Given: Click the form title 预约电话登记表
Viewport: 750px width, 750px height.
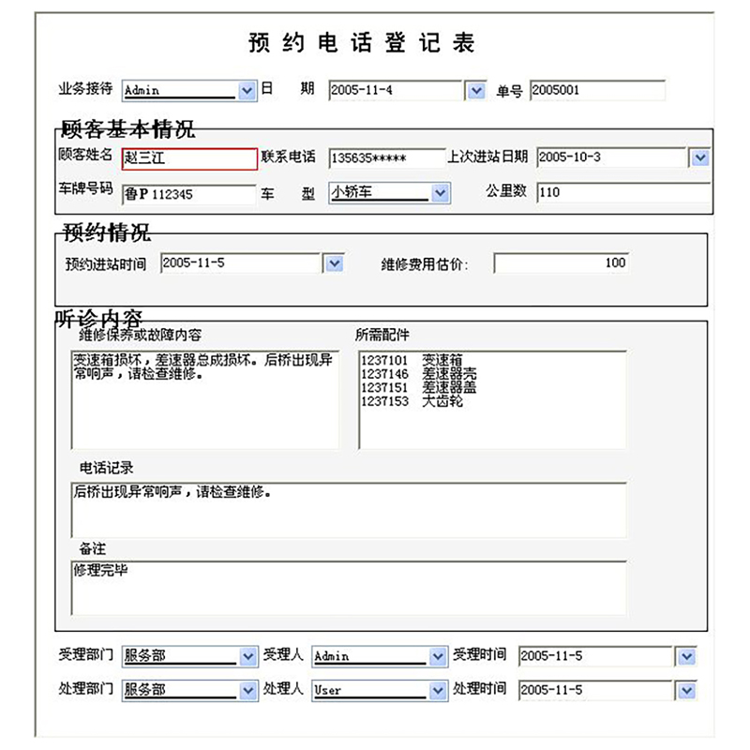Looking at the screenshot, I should click(x=362, y=42).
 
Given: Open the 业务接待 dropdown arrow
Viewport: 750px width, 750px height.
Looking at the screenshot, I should click(x=247, y=91).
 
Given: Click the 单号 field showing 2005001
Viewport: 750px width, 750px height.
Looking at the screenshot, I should click(x=597, y=91).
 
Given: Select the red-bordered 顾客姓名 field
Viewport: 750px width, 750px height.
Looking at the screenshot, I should click(x=189, y=158).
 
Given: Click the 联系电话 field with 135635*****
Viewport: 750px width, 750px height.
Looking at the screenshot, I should click(x=386, y=158).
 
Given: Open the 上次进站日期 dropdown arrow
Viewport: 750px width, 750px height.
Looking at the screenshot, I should click(x=699, y=157).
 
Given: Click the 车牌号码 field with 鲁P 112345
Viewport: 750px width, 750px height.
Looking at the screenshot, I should click(x=189, y=194).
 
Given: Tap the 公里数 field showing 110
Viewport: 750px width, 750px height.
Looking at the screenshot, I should click(x=623, y=193).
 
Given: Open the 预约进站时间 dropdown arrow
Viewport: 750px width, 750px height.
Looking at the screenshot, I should click(x=335, y=264).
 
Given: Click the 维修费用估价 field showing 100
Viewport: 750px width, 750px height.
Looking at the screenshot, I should click(x=561, y=263).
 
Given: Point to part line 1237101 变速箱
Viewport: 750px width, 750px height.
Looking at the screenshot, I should click(x=412, y=359).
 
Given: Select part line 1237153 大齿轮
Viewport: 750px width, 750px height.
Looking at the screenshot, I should click(x=412, y=401).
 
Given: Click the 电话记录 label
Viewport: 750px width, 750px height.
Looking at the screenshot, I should click(x=107, y=467).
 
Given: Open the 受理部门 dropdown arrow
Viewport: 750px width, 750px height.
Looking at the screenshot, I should click(x=247, y=656).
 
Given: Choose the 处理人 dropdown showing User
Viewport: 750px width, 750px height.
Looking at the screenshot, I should click(x=380, y=691).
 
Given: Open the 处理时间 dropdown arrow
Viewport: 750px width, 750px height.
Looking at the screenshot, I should click(x=687, y=691).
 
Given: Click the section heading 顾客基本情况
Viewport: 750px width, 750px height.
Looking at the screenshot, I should click(x=127, y=129).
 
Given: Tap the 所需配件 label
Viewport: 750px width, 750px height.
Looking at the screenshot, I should click(x=382, y=335).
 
